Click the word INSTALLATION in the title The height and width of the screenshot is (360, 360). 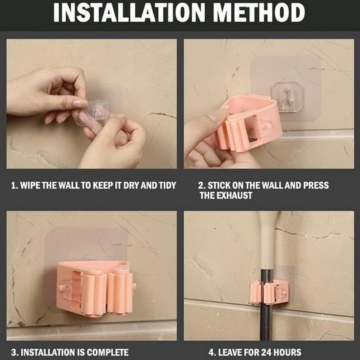coord(129,12)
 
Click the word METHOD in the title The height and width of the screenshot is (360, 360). coord(259,12)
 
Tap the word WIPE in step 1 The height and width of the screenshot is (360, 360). coord(30,185)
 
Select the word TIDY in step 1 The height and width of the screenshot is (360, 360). coord(167,185)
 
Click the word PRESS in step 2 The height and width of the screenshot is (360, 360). coord(316,185)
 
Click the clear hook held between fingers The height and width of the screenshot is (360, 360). coord(96,112)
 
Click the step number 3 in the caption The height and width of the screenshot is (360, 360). coord(13,352)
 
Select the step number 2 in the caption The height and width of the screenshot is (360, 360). coord(200,185)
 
